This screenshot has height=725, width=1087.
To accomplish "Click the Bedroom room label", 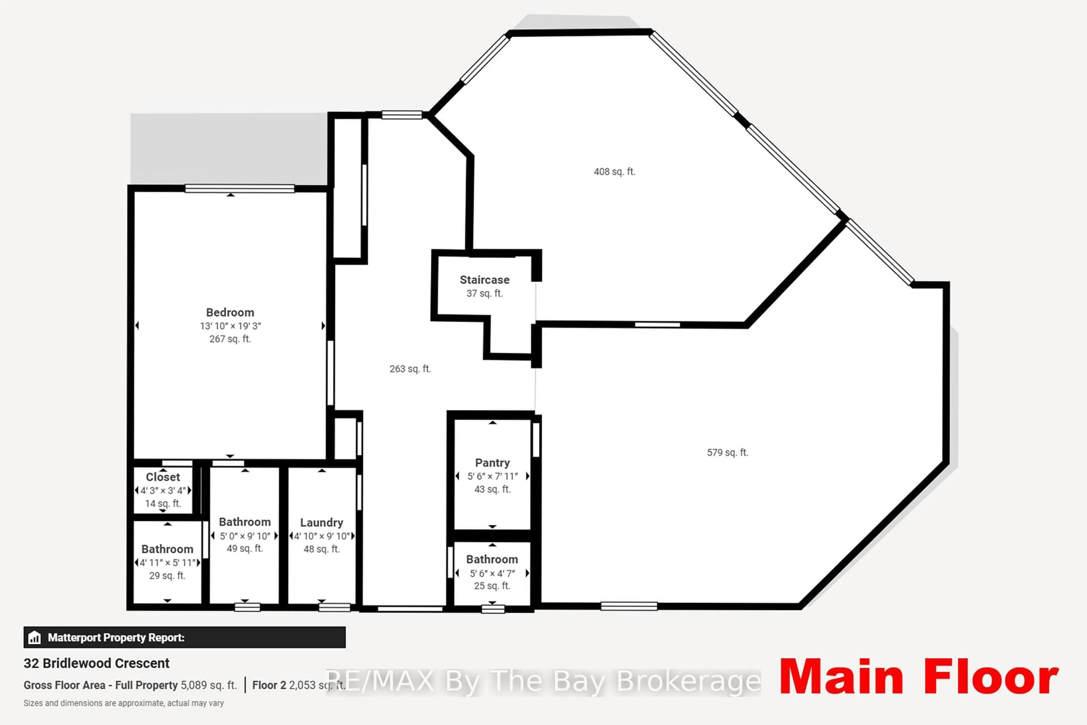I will coord(230,313).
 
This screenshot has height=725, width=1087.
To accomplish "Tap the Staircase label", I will coord(484,280).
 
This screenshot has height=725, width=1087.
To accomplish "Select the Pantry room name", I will coord(492,463).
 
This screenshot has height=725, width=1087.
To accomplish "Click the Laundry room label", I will coord(321,523).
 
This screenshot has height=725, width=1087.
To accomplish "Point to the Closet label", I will coord(163,477).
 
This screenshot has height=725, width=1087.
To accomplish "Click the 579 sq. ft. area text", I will coord(727,453).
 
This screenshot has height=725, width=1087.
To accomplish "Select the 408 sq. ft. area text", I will coord(614,172).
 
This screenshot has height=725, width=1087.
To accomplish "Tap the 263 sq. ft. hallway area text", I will coord(410,369).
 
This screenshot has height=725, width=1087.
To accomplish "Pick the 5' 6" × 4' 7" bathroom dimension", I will coord(492,573).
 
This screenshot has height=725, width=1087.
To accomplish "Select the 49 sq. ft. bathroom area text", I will coord(245,548).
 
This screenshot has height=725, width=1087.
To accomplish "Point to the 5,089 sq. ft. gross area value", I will coord(208,685).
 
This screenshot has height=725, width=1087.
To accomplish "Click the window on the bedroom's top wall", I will coord(239,188).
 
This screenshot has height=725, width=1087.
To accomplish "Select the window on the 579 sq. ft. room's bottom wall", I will coord(628,606).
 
